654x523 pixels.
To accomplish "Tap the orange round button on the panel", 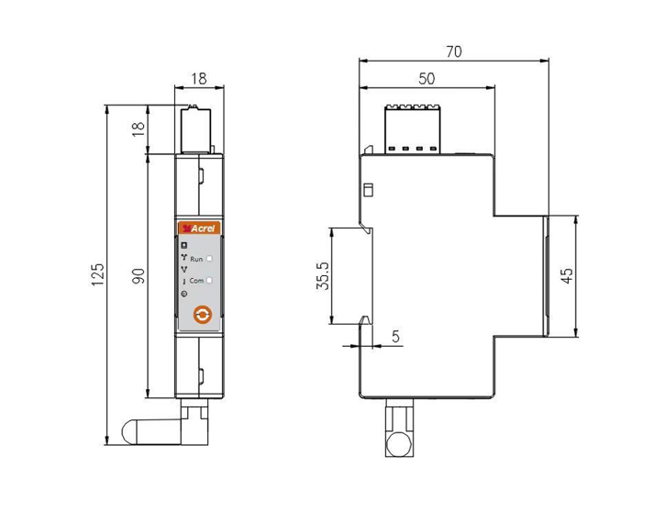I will pyautogui.click(x=203, y=315).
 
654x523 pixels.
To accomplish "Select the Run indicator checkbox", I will pyautogui.click(x=210, y=261).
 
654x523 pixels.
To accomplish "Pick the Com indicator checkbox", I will pyautogui.click(x=210, y=279).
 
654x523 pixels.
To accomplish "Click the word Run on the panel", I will pyautogui.click(x=196, y=261).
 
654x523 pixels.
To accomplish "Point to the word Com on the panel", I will pyautogui.click(x=196, y=279).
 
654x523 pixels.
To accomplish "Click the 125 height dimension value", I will pyautogui.click(x=99, y=275).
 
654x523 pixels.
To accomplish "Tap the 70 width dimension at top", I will pyautogui.click(x=452, y=52).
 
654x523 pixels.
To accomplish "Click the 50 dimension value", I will pyautogui.click(x=426, y=80).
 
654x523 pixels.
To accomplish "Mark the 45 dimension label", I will pyautogui.click(x=568, y=275).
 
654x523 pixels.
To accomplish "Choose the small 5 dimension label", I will pyautogui.click(x=395, y=338).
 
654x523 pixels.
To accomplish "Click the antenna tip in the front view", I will pyautogui.click(x=133, y=430).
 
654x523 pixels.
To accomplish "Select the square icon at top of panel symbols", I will pyautogui.click(x=184, y=246).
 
